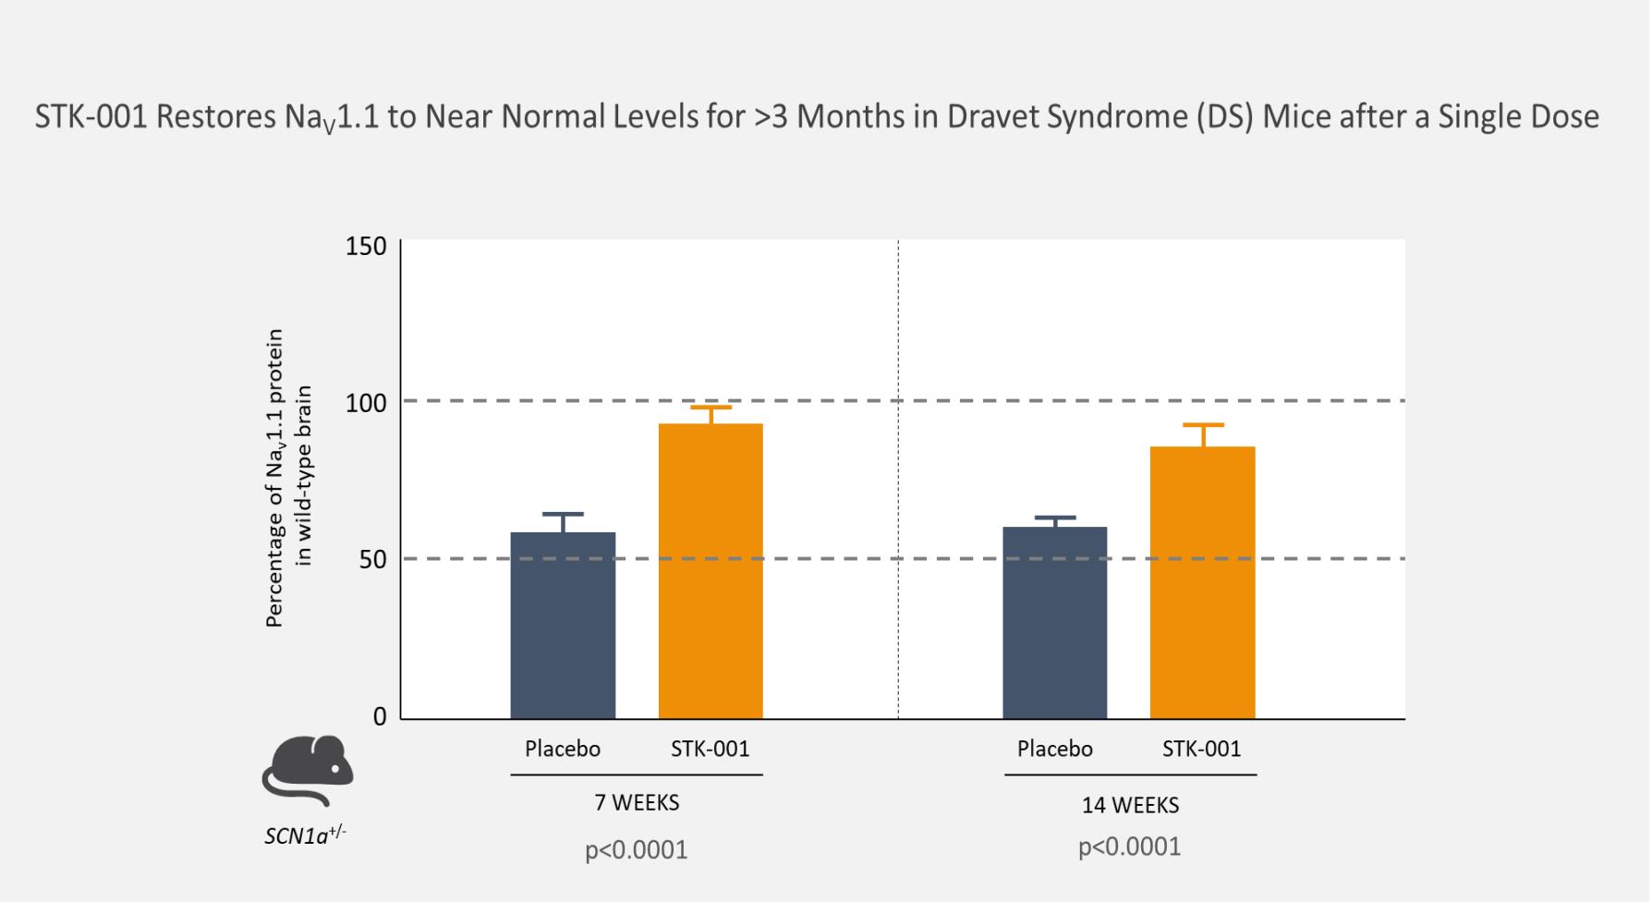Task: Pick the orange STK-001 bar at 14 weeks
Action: point(1202,582)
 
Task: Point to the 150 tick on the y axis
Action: point(366,247)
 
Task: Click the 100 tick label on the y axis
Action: point(366,403)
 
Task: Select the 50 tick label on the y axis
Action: point(371,560)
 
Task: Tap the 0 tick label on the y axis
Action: point(380,717)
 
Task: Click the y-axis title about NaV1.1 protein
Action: point(289,478)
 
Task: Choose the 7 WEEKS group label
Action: point(637,803)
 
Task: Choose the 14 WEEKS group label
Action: point(1130,806)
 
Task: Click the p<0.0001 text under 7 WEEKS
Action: point(637,850)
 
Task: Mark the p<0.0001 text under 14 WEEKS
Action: point(1129,847)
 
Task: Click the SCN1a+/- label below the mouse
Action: point(305,835)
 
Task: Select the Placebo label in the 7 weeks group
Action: point(563,749)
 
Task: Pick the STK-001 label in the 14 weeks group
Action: point(1201,749)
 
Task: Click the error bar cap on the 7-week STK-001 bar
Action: point(711,408)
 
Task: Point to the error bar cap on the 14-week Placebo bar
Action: point(1054,518)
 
